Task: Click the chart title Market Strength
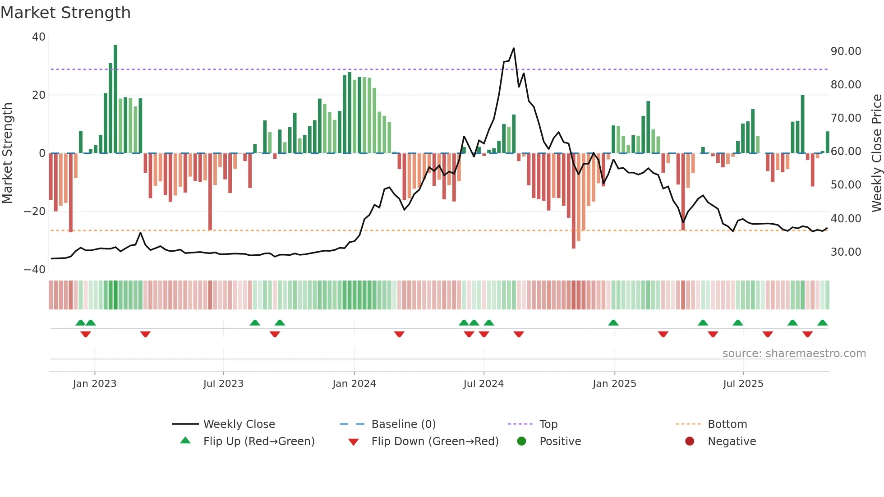(65, 13)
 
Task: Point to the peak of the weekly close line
(514, 48)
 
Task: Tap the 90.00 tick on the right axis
(846, 51)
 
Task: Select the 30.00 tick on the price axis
(846, 252)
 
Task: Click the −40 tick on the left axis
(35, 270)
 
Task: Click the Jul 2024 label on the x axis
(483, 384)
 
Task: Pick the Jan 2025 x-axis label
(614, 384)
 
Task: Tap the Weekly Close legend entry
(239, 424)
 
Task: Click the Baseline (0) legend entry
(403, 424)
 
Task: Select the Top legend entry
(548, 424)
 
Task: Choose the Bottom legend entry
(727, 424)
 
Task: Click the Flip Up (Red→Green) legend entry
(258, 442)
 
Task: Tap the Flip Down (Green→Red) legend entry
(435, 442)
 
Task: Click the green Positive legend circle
(522, 442)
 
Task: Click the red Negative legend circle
(690, 442)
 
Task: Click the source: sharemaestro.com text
(794, 354)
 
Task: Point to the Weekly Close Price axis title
(876, 153)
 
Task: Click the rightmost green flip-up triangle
(822, 323)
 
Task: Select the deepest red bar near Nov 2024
(574, 201)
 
